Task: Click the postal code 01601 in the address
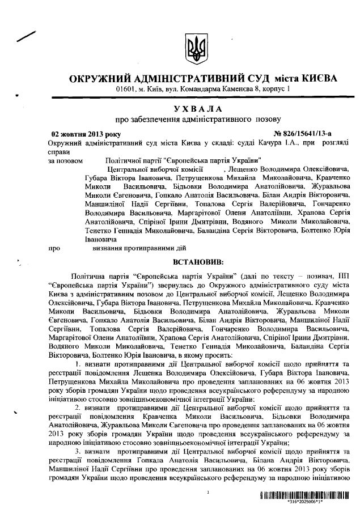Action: pos(126,89)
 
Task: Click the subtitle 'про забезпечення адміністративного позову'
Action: pos(198,120)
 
